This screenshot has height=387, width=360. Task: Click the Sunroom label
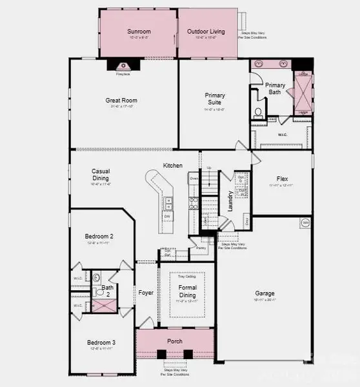(x=138, y=31)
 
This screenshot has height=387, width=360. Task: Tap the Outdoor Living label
(x=206, y=31)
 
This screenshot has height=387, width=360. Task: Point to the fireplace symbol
(x=123, y=65)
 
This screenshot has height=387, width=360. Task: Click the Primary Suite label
(x=215, y=99)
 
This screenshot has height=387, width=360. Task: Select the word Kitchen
(x=172, y=166)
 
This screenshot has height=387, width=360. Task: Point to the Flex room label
(x=282, y=179)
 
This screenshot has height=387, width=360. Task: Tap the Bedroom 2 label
(x=99, y=237)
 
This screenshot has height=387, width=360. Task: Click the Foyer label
(x=146, y=292)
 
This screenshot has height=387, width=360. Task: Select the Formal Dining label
(x=187, y=292)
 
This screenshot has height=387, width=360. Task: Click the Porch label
(x=174, y=341)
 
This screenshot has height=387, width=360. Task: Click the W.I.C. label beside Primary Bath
(x=282, y=135)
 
